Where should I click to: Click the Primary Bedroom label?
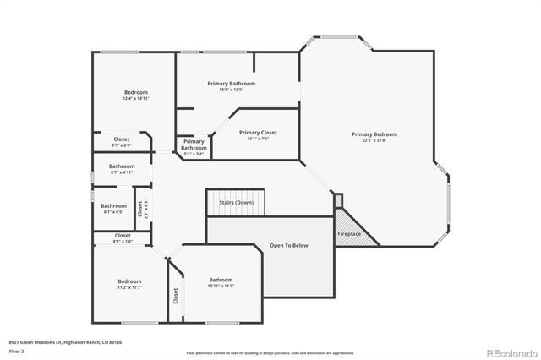374,134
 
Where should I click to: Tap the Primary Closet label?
258,133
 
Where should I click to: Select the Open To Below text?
288,245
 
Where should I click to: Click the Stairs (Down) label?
236,203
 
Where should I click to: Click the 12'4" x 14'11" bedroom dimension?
135,99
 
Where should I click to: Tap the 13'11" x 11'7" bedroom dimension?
221,286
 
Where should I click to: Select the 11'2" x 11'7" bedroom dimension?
129,287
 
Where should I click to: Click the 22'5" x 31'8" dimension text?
374,140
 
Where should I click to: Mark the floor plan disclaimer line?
270,353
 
